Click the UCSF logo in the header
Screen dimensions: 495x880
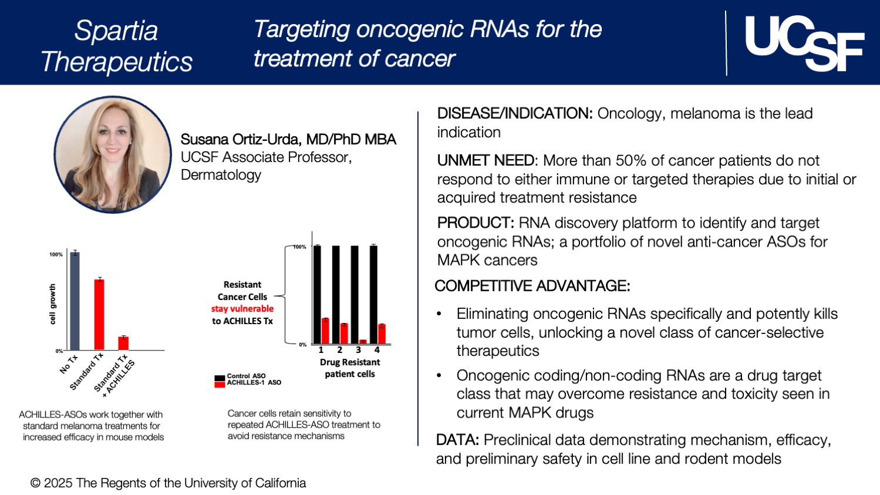(x=804, y=43)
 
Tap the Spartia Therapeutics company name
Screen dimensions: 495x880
(x=116, y=46)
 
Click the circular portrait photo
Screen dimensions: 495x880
(x=112, y=154)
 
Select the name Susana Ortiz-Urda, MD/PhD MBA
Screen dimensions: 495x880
(x=288, y=139)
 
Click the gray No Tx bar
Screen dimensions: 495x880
(x=75, y=301)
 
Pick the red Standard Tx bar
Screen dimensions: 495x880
(x=99, y=314)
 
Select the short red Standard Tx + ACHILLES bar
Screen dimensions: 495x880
(x=123, y=343)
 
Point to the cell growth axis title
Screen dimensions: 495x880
(x=52, y=304)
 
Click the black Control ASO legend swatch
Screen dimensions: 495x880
(x=220, y=378)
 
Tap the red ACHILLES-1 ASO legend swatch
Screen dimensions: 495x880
(x=220, y=384)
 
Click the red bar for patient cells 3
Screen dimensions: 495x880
(x=363, y=342)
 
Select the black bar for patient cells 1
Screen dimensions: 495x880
(x=317, y=294)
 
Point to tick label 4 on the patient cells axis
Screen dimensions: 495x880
(x=377, y=350)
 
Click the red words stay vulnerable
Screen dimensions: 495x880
(x=242, y=309)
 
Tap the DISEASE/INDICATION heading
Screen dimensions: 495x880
(x=514, y=113)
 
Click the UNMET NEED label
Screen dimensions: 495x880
(x=486, y=160)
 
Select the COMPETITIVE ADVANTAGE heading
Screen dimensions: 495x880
(x=532, y=286)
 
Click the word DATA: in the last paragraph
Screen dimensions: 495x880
(x=458, y=440)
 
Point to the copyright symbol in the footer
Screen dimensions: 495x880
(x=36, y=483)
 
